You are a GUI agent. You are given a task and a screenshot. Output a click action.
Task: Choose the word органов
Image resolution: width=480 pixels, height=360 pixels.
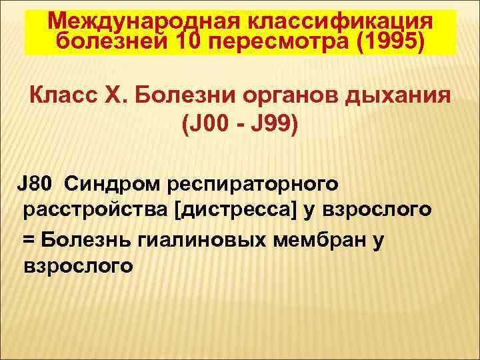pyautogui.click(x=292, y=95)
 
